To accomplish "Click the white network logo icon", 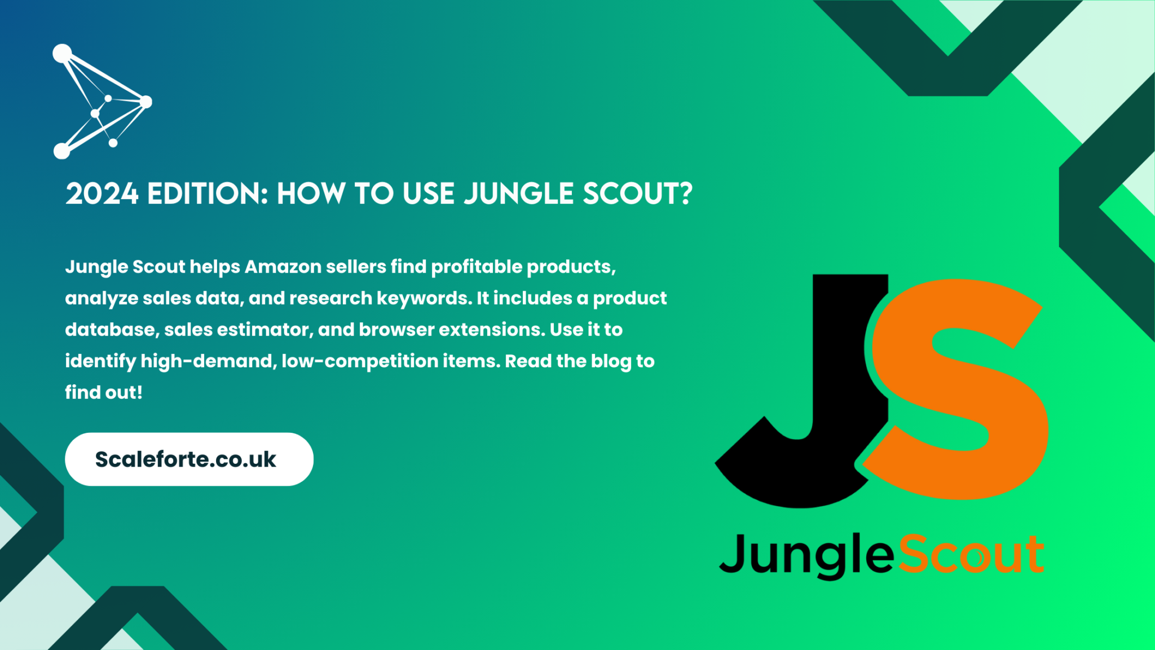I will pyautogui.click(x=102, y=102).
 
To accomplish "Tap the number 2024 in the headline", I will pyautogui.click(x=102, y=194).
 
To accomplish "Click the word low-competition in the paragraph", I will pyautogui.click(x=360, y=362).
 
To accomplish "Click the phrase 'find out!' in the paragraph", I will pyautogui.click(x=104, y=393).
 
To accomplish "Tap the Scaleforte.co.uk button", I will pyautogui.click(x=189, y=459).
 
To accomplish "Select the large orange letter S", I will pyautogui.click(x=959, y=389).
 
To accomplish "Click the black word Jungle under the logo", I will pyautogui.click(x=806, y=556).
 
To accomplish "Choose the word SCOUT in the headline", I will pyautogui.click(x=631, y=194).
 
